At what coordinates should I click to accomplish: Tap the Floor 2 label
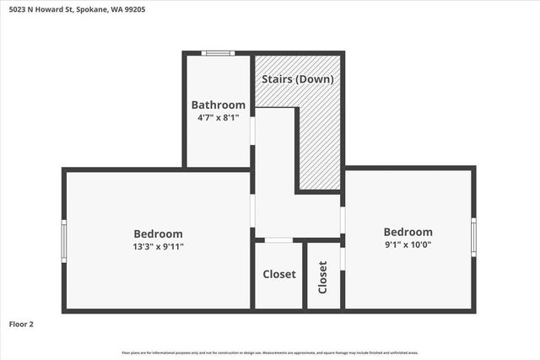(21, 323)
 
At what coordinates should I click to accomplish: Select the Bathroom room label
(219, 105)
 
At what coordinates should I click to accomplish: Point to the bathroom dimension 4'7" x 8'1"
(219, 118)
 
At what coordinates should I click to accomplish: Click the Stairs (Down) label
(299, 79)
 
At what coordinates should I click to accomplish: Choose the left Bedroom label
(158, 234)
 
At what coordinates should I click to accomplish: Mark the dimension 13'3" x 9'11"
(158, 247)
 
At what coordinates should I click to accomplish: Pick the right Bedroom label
(408, 232)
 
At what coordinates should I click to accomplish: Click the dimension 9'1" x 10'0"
(408, 245)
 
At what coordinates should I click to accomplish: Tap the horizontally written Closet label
(278, 274)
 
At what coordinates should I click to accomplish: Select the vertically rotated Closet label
(322, 277)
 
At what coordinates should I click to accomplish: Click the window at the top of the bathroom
(218, 53)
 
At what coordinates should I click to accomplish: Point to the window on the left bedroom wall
(63, 241)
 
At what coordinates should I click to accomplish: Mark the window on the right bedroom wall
(473, 237)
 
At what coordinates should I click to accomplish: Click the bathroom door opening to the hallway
(252, 131)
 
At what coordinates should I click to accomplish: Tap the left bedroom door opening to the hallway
(252, 211)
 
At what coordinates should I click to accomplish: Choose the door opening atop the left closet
(278, 241)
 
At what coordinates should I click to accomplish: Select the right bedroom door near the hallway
(343, 219)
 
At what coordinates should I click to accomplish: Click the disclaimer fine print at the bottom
(270, 352)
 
